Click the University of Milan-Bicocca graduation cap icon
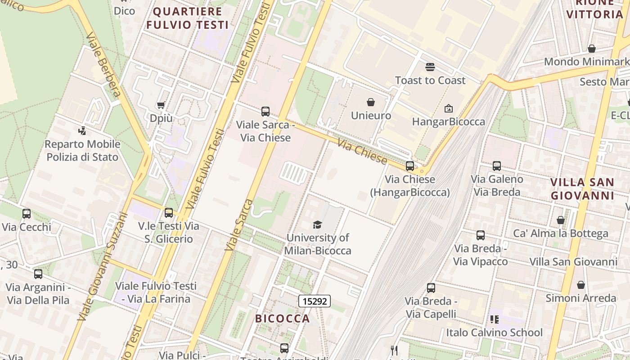[x=318, y=225]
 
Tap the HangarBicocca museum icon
[x=448, y=108]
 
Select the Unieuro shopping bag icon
[x=371, y=102]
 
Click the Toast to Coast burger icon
[x=430, y=67]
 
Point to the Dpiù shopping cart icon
[x=161, y=105]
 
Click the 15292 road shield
[x=315, y=301]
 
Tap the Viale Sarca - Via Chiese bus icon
[x=265, y=111]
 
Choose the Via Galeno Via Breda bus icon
[x=496, y=166]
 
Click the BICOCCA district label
[x=283, y=319]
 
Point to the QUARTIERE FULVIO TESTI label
[x=188, y=18]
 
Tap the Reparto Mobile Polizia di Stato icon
[x=82, y=131]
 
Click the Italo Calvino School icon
[x=494, y=319]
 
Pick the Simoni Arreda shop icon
[x=581, y=285]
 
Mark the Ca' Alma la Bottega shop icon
[x=561, y=220]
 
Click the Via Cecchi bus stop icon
[x=27, y=214]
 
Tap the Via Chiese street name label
[x=362, y=153]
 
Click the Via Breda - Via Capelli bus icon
[x=431, y=288]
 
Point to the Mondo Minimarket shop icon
[x=592, y=49]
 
